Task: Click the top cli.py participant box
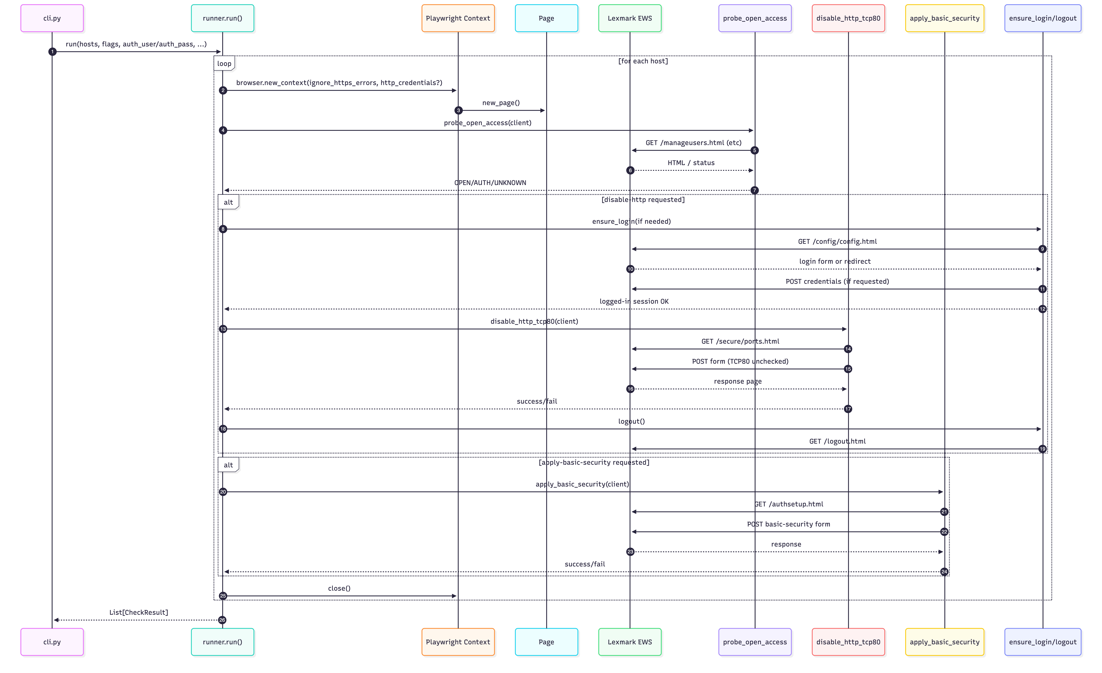pyautogui.click(x=52, y=18)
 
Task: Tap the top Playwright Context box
pyautogui.click(x=458, y=18)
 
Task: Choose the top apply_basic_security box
pyautogui.click(x=944, y=18)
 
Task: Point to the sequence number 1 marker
pyautogui.click(x=52, y=52)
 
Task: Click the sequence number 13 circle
pyautogui.click(x=223, y=329)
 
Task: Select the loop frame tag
pyautogui.click(x=224, y=64)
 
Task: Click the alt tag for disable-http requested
pyautogui.click(x=228, y=202)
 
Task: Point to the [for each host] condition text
pyautogui.click(x=643, y=61)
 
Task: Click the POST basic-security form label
pyautogui.click(x=788, y=524)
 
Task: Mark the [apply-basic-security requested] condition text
pyautogui.click(x=594, y=462)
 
